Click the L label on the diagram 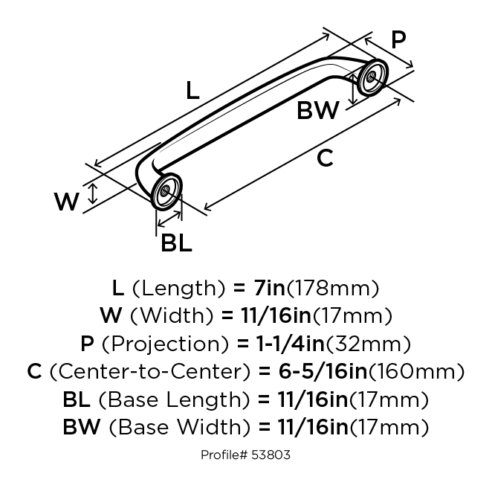pos(192,91)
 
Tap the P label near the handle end pos(398,39)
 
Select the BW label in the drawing pos(317,111)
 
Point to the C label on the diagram pos(325,158)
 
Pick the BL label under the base pos(176,243)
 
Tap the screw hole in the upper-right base pos(369,77)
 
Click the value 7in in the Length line pos(265,287)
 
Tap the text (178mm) pos(334,287)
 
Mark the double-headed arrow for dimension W pos(92,195)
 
